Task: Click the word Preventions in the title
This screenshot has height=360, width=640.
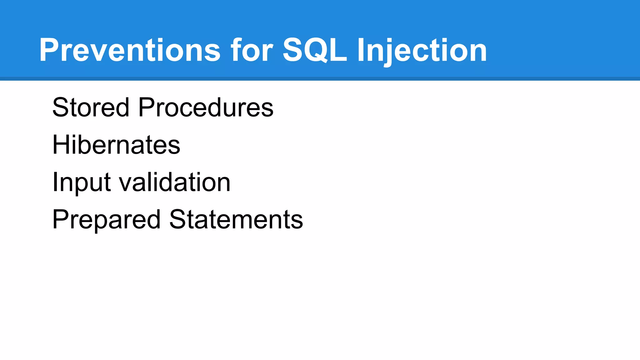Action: pyautogui.click(x=130, y=50)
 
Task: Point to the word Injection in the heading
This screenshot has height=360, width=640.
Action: pyautogui.click(x=422, y=50)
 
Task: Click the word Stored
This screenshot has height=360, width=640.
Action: pyautogui.click(x=91, y=107)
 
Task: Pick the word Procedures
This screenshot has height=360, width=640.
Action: pyautogui.click(x=206, y=107)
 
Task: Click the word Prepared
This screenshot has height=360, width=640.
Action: pyautogui.click(x=106, y=219)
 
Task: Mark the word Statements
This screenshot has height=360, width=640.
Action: pyautogui.click(x=236, y=219)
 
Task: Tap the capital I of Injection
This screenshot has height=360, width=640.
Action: pyautogui.click(x=361, y=50)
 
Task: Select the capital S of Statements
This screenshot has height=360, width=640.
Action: pyautogui.click(x=177, y=219)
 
